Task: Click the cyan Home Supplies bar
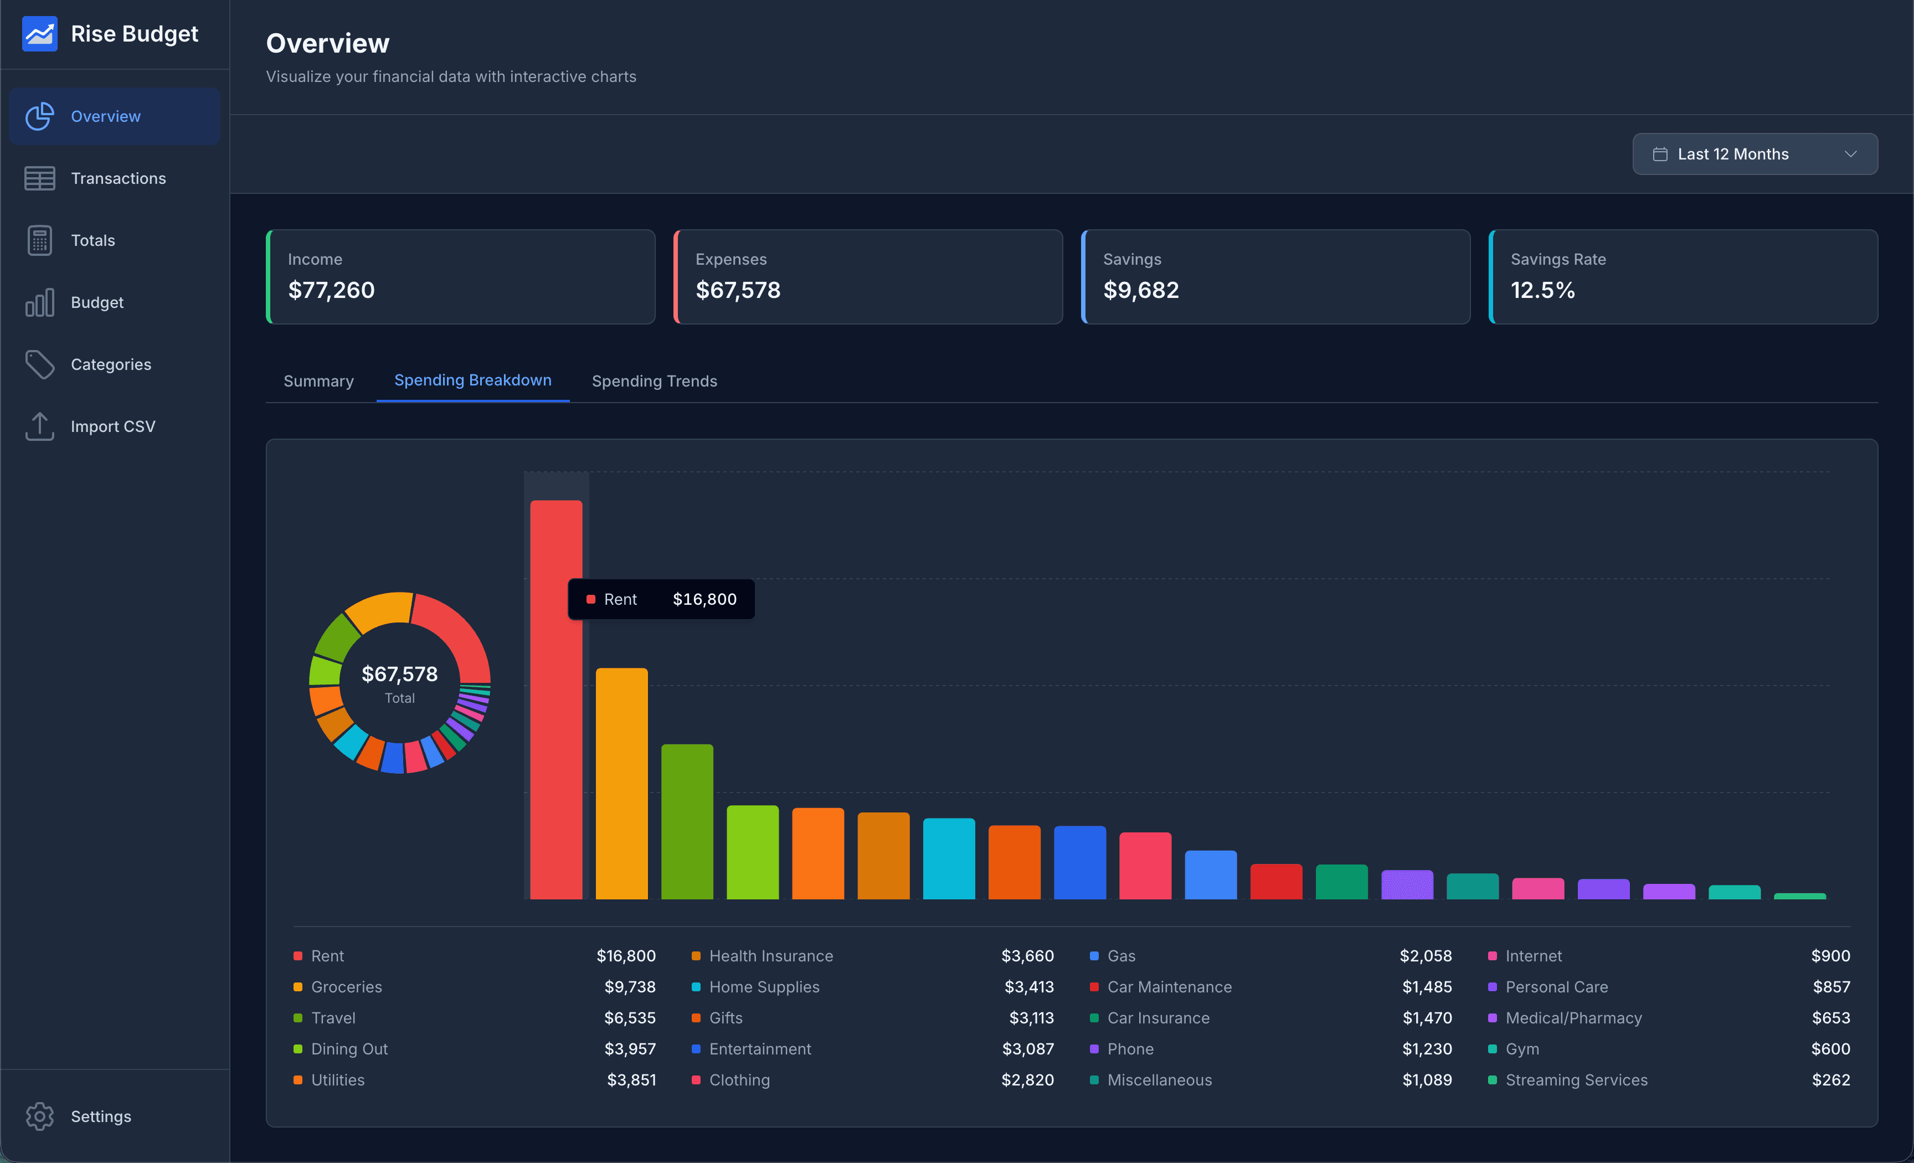[x=949, y=858]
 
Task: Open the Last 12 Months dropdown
[x=1754, y=154]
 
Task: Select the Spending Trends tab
[x=654, y=380]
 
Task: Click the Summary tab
[x=318, y=380]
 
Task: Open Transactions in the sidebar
[x=118, y=178]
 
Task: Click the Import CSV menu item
[x=112, y=426]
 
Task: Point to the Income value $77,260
[x=331, y=290]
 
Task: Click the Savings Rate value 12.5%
[x=1542, y=290]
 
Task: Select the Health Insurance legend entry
[x=770, y=955]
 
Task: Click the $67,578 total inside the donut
[x=399, y=673]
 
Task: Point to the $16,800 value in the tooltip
[x=704, y=599]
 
